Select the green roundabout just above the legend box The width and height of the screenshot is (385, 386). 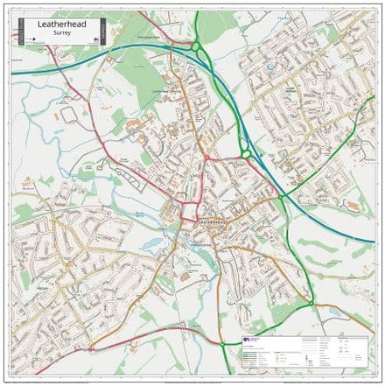tap(311, 305)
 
